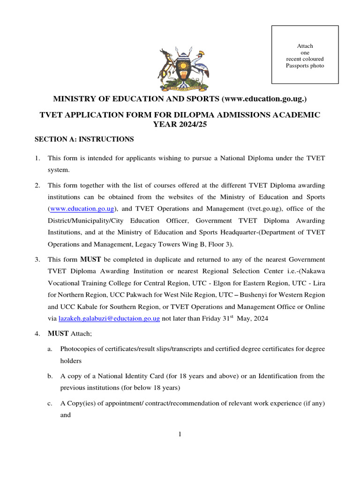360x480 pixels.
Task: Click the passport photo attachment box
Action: (305, 55)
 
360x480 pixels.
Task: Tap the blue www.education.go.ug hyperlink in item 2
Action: (82, 209)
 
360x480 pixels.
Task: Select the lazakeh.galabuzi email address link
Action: (109, 318)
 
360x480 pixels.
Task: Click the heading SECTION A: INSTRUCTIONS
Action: (84, 139)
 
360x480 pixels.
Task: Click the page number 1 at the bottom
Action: (180, 434)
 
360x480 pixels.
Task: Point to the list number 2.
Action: (37, 185)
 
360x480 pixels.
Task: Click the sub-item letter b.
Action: (50, 376)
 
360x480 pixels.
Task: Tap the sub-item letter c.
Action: (50, 403)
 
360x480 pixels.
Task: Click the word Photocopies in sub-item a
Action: (77, 349)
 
